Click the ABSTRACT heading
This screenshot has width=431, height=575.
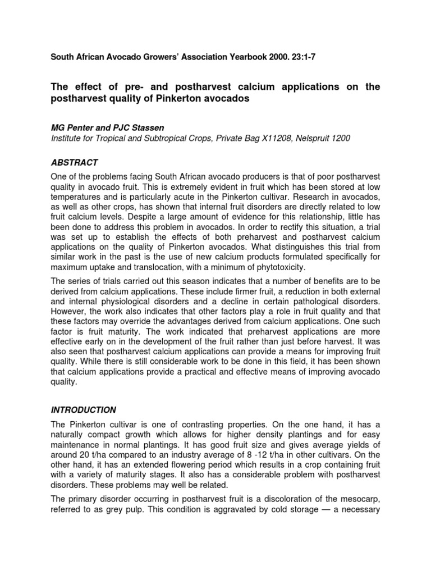tap(75, 163)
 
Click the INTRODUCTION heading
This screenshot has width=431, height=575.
tap(84, 410)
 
